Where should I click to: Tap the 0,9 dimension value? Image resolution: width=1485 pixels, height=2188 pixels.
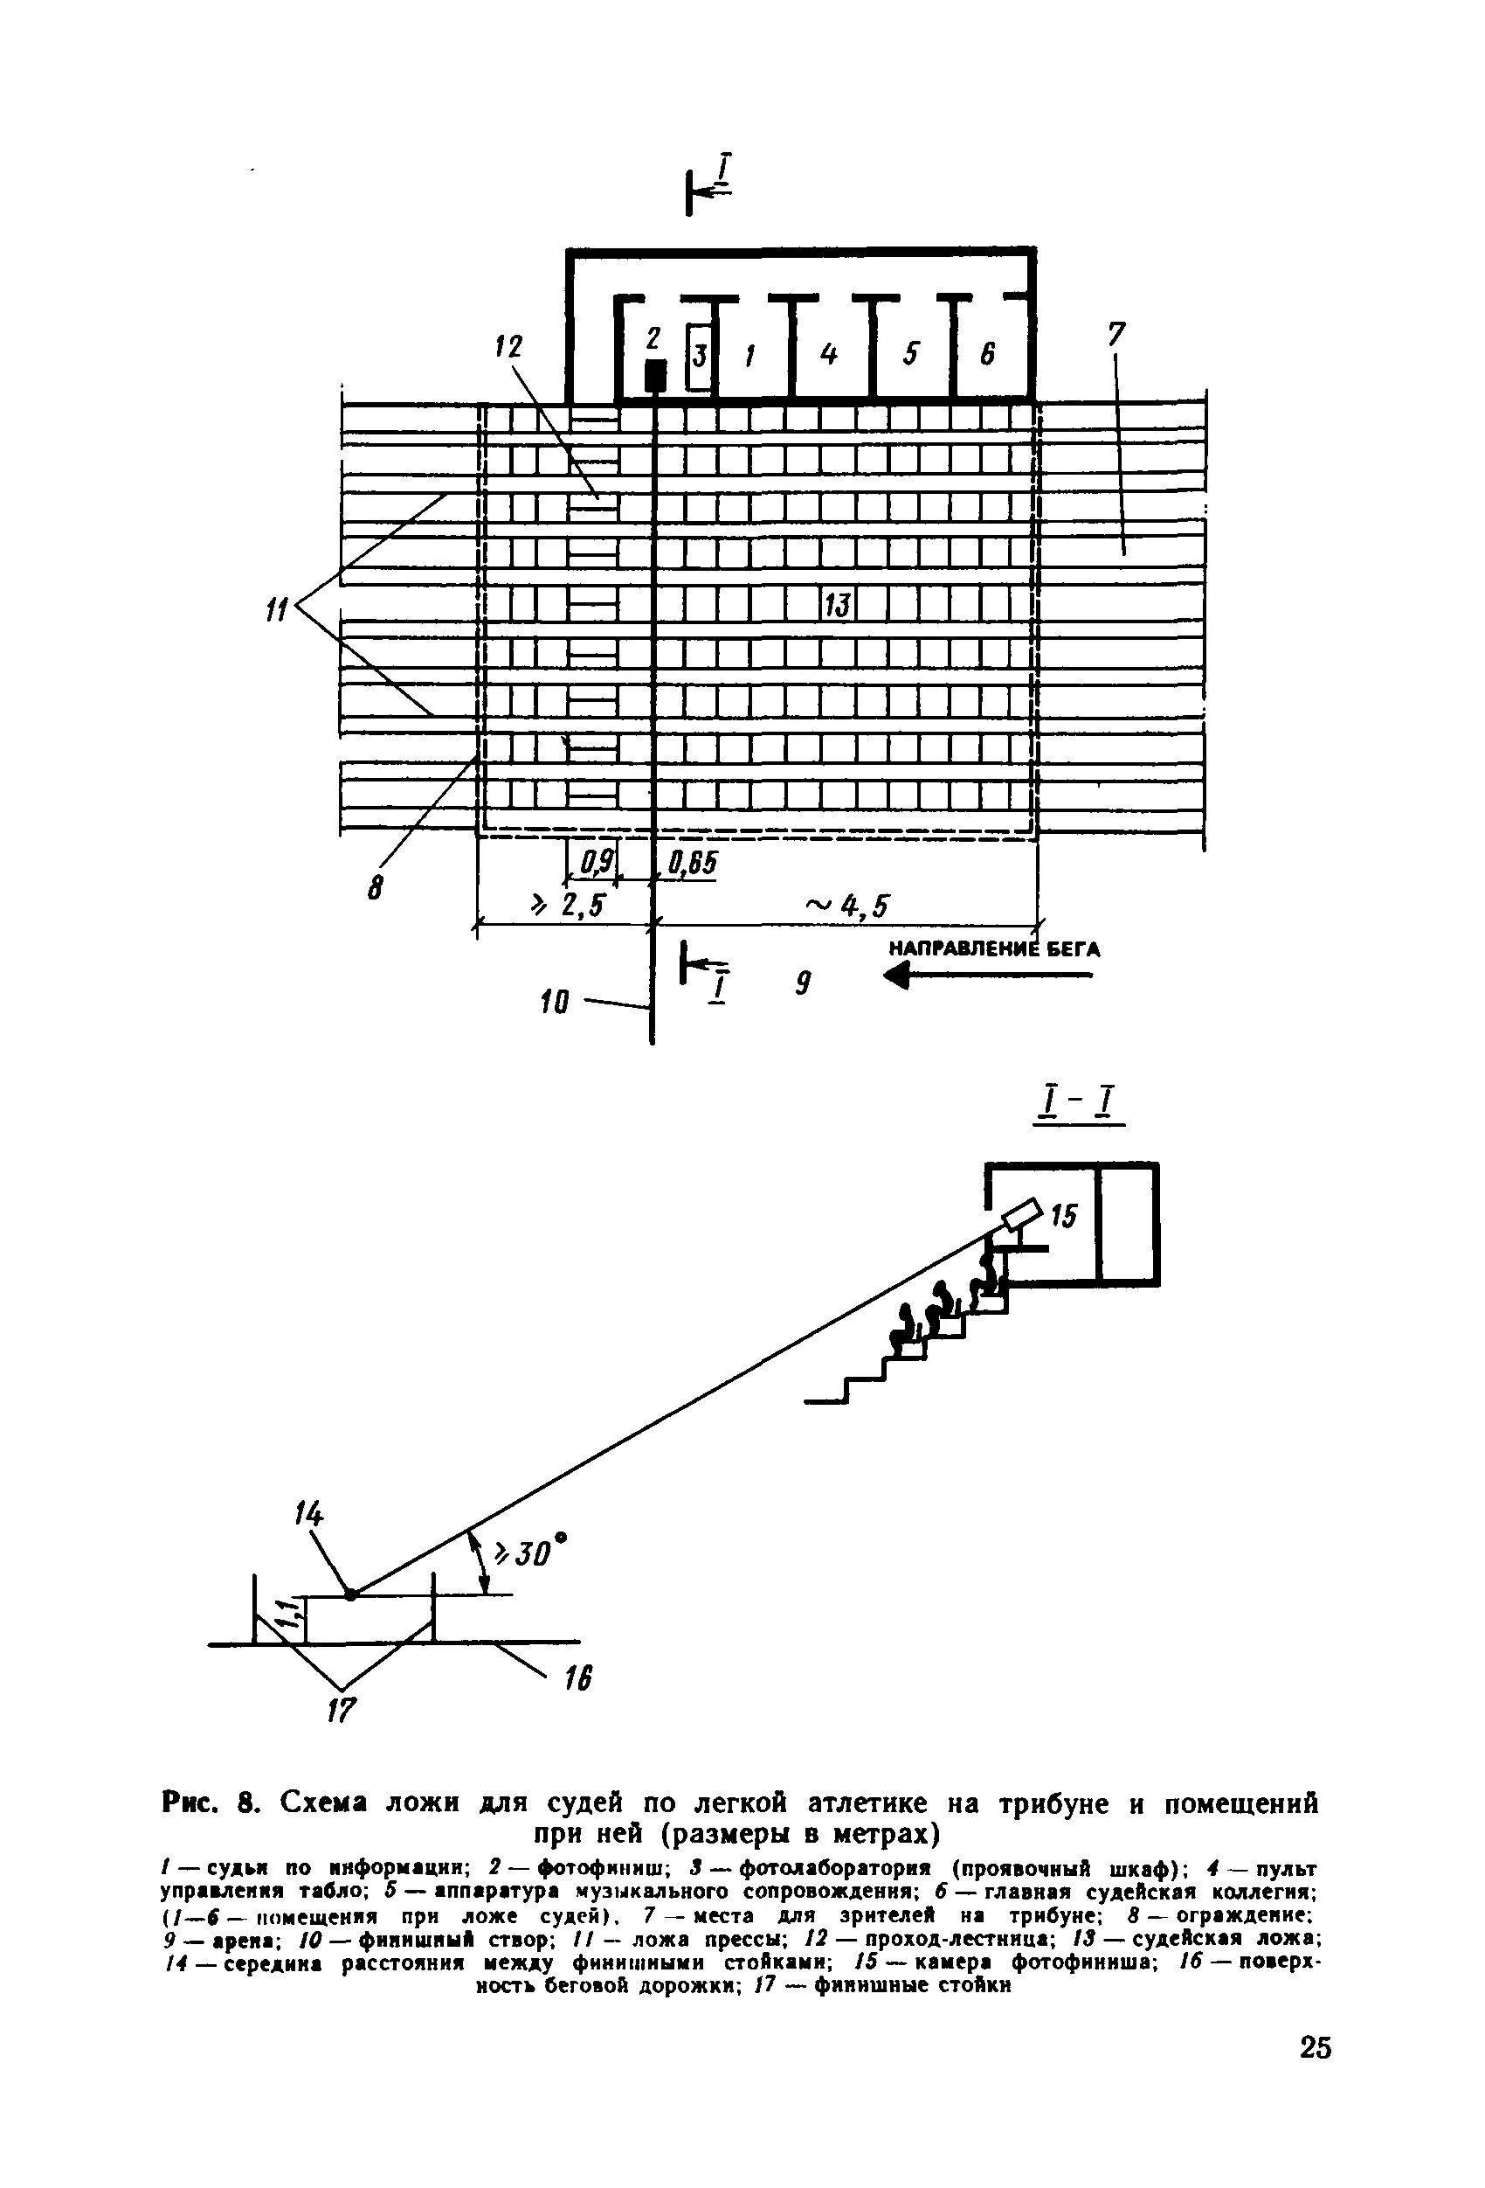(595, 860)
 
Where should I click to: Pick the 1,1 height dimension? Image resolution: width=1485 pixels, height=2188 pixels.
(291, 1615)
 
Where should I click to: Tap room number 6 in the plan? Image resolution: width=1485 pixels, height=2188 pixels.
(987, 354)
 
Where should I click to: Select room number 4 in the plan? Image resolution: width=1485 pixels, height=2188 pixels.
(828, 354)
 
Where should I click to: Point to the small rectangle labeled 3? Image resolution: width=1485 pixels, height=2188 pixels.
(699, 356)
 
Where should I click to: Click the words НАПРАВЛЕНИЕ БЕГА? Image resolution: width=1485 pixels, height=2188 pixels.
(994, 948)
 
